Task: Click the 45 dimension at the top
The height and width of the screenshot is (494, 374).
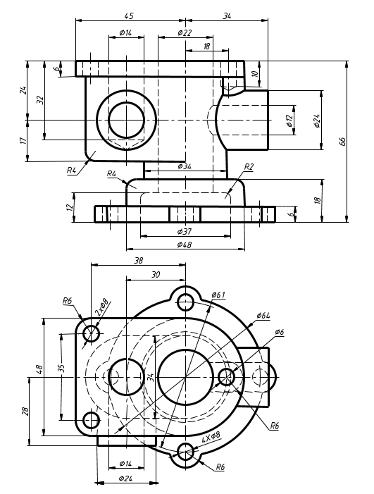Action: coord(129,16)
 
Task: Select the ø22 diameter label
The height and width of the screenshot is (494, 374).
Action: coord(185,32)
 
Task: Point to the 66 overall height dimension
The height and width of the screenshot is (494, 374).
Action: coord(342,141)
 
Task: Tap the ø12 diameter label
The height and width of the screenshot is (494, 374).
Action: coord(289,121)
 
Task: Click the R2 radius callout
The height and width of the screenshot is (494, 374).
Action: coord(249,166)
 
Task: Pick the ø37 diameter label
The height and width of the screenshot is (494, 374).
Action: coord(185,232)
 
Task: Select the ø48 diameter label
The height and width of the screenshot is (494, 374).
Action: coord(185,245)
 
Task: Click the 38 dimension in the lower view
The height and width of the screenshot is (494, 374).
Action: coord(139,261)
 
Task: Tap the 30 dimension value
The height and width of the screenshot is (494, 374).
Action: coord(156,275)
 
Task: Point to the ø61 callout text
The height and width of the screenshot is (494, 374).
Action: coord(218,295)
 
